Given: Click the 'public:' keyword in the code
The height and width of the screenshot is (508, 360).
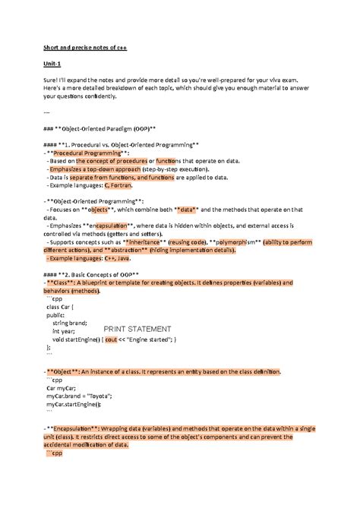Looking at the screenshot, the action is pos(55,314).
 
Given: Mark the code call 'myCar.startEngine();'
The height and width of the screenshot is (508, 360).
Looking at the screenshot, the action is pos(78,404).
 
